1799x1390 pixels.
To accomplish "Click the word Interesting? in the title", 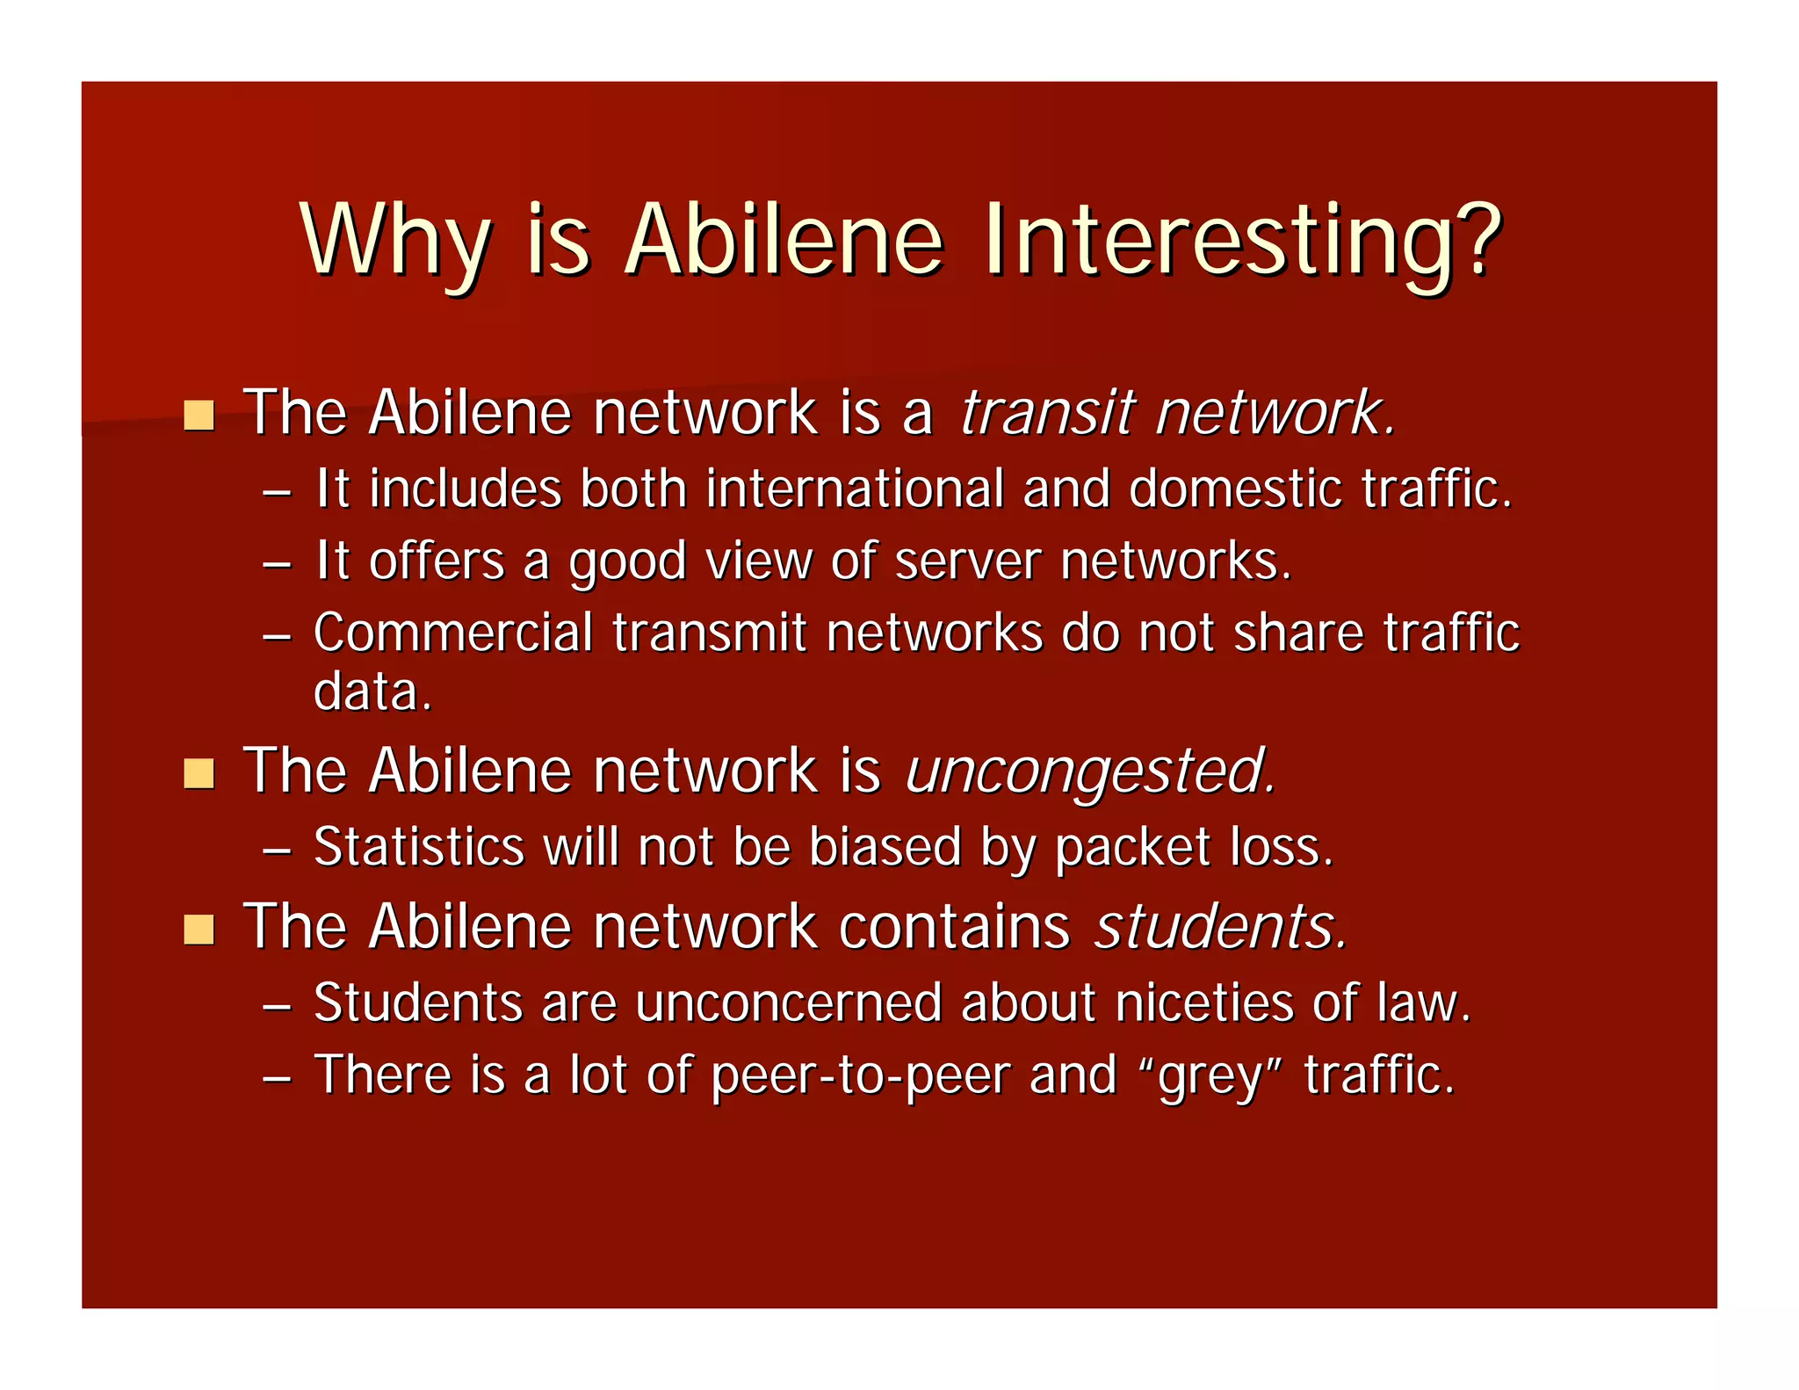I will pos(1241,241).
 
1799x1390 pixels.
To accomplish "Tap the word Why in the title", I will pos(394,241).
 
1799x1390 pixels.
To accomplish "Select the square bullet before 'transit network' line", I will pos(199,415).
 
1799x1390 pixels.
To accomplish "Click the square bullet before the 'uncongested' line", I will pos(199,773).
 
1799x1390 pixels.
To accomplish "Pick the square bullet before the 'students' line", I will pos(199,929).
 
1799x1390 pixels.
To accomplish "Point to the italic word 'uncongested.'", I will pos(1090,771).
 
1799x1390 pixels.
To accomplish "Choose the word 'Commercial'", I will pos(453,633).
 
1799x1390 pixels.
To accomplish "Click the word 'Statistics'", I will pos(419,847).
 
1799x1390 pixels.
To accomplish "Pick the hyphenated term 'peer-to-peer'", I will pos(860,1076).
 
